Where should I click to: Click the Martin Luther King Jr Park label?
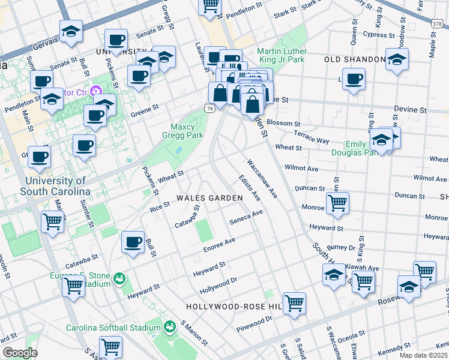coord(281,55)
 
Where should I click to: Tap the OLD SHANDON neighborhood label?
coord(354,59)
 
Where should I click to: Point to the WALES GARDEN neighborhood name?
coord(209,198)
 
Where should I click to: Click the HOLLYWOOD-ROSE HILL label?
coord(234,306)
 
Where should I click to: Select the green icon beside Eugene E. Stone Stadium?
coord(119,279)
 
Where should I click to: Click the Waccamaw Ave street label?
coord(262,178)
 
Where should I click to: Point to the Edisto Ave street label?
coord(249,188)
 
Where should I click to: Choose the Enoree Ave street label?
coord(218,245)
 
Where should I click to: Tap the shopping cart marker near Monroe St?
coord(337,203)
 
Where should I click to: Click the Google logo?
coord(20,353)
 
